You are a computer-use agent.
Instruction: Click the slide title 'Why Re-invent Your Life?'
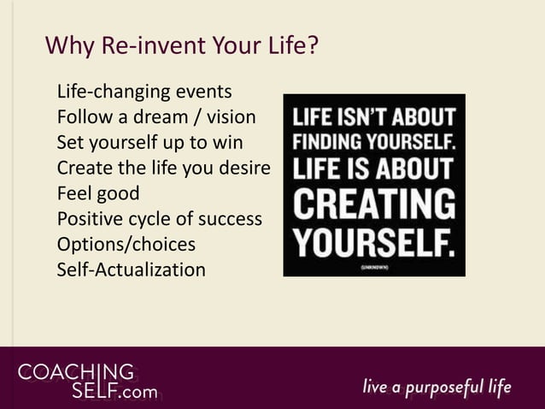click(182, 44)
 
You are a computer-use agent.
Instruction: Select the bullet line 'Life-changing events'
click(144, 91)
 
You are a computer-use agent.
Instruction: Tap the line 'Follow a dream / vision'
click(156, 116)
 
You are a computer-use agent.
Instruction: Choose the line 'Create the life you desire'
click(163, 167)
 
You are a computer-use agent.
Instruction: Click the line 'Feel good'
click(97, 193)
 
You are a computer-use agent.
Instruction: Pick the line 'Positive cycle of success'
click(159, 218)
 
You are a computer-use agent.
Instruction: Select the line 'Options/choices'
click(126, 244)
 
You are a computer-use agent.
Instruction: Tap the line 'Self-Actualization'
click(131, 270)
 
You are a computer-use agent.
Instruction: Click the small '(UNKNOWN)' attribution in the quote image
click(374, 267)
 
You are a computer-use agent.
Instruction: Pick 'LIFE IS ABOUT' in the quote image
click(374, 168)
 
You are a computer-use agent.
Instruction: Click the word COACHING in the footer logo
click(76, 373)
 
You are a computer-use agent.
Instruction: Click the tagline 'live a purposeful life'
click(437, 387)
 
